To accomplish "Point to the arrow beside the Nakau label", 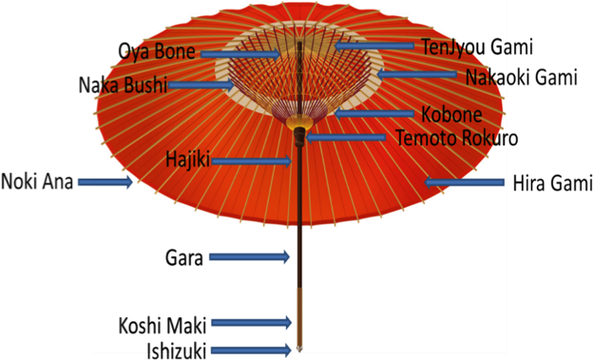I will point(418,73).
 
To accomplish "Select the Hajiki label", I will point(187,159).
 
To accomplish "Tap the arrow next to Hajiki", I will point(252,161).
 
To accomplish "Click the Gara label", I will point(183,256).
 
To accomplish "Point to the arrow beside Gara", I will point(249,256).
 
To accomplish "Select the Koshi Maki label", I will point(163,323).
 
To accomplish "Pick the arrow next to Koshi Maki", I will point(251,323).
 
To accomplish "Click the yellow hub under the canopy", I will point(299,123).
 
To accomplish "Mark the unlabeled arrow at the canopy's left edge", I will point(105,181).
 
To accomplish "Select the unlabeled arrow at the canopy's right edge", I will point(465,181).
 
